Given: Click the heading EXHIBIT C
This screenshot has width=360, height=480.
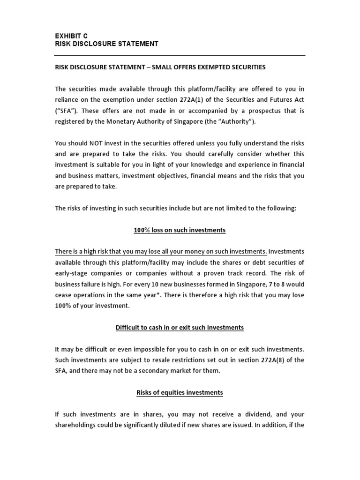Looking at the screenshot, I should [71, 36].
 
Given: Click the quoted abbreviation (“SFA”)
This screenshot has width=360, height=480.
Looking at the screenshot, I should [66, 110].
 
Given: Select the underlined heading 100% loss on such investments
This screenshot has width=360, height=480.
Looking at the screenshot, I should [180, 230].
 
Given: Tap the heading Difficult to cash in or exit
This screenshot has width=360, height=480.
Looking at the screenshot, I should [180, 328].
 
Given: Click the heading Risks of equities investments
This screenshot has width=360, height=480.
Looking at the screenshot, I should [180, 392].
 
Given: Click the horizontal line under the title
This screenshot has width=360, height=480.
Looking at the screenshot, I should [180, 55].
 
